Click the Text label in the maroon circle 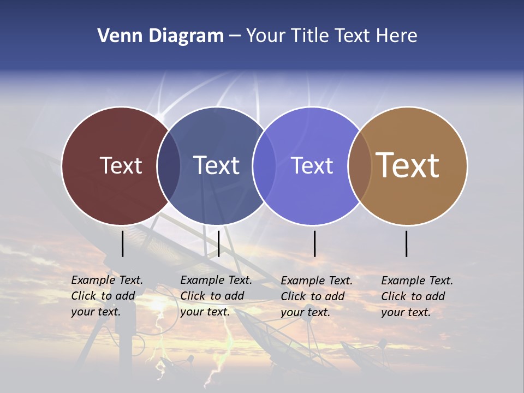[121, 165]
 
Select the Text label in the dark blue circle [217, 165]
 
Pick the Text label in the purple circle [312, 165]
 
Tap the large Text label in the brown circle [408, 165]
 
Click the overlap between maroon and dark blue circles [169, 165]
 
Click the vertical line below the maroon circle [123, 243]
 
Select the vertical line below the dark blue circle [218, 243]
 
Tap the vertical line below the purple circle [314, 243]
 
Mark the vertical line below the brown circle [407, 243]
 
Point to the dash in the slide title [235, 37]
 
